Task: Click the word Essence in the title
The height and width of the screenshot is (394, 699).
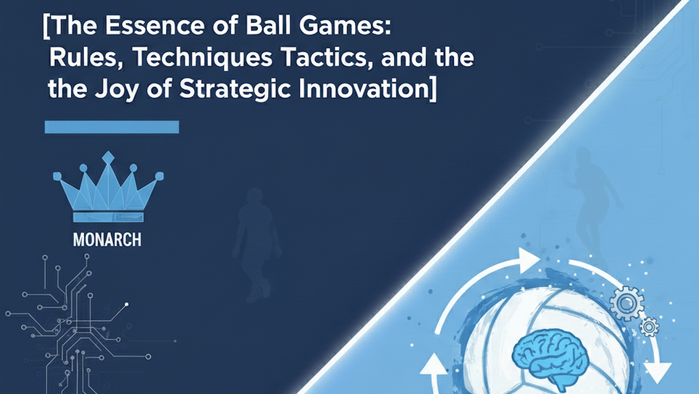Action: pos(155,26)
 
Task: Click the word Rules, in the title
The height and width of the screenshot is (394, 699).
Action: pos(87,58)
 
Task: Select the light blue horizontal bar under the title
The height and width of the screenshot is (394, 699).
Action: pos(112,127)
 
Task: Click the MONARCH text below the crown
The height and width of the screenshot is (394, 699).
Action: pos(107,240)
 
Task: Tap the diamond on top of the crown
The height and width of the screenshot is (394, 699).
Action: pos(108,158)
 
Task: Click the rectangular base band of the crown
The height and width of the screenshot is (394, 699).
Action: pos(108,217)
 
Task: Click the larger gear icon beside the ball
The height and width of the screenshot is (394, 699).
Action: pos(626,303)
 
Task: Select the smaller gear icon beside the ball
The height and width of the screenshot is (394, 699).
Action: pos(649,327)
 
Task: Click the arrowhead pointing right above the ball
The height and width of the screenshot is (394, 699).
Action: pos(529,260)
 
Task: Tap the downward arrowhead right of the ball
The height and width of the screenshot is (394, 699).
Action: pos(658,373)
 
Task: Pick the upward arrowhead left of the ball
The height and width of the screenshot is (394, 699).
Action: pos(434,365)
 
